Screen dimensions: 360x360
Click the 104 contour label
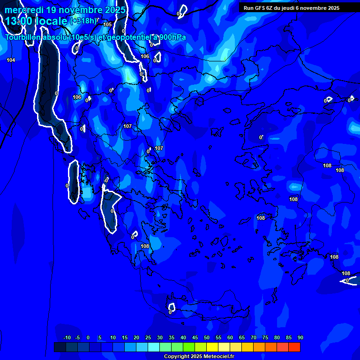pyautogui.click(x=11, y=60)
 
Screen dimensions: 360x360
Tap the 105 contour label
pyautogui.click(x=107, y=24)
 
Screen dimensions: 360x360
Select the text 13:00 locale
pyautogui.click(x=37, y=21)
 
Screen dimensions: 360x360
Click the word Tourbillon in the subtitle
pyautogui.click(x=23, y=37)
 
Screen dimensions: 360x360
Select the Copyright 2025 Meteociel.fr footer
pyautogui.click(x=199, y=357)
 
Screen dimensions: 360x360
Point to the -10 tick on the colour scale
pyautogui.click(x=67, y=338)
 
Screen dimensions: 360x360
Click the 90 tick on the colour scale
pyautogui.click(x=300, y=338)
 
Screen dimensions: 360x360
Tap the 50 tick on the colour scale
pyautogui.click(x=206, y=338)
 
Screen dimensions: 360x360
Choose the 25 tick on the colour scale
pyautogui.click(x=148, y=338)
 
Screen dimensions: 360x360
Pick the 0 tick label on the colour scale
pyautogui.click(x=88, y=338)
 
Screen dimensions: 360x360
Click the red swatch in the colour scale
pyautogui.click(x=294, y=347)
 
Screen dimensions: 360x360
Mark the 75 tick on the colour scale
pyautogui.click(x=265, y=338)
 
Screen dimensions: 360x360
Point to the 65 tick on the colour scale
pyautogui.click(x=241, y=338)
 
